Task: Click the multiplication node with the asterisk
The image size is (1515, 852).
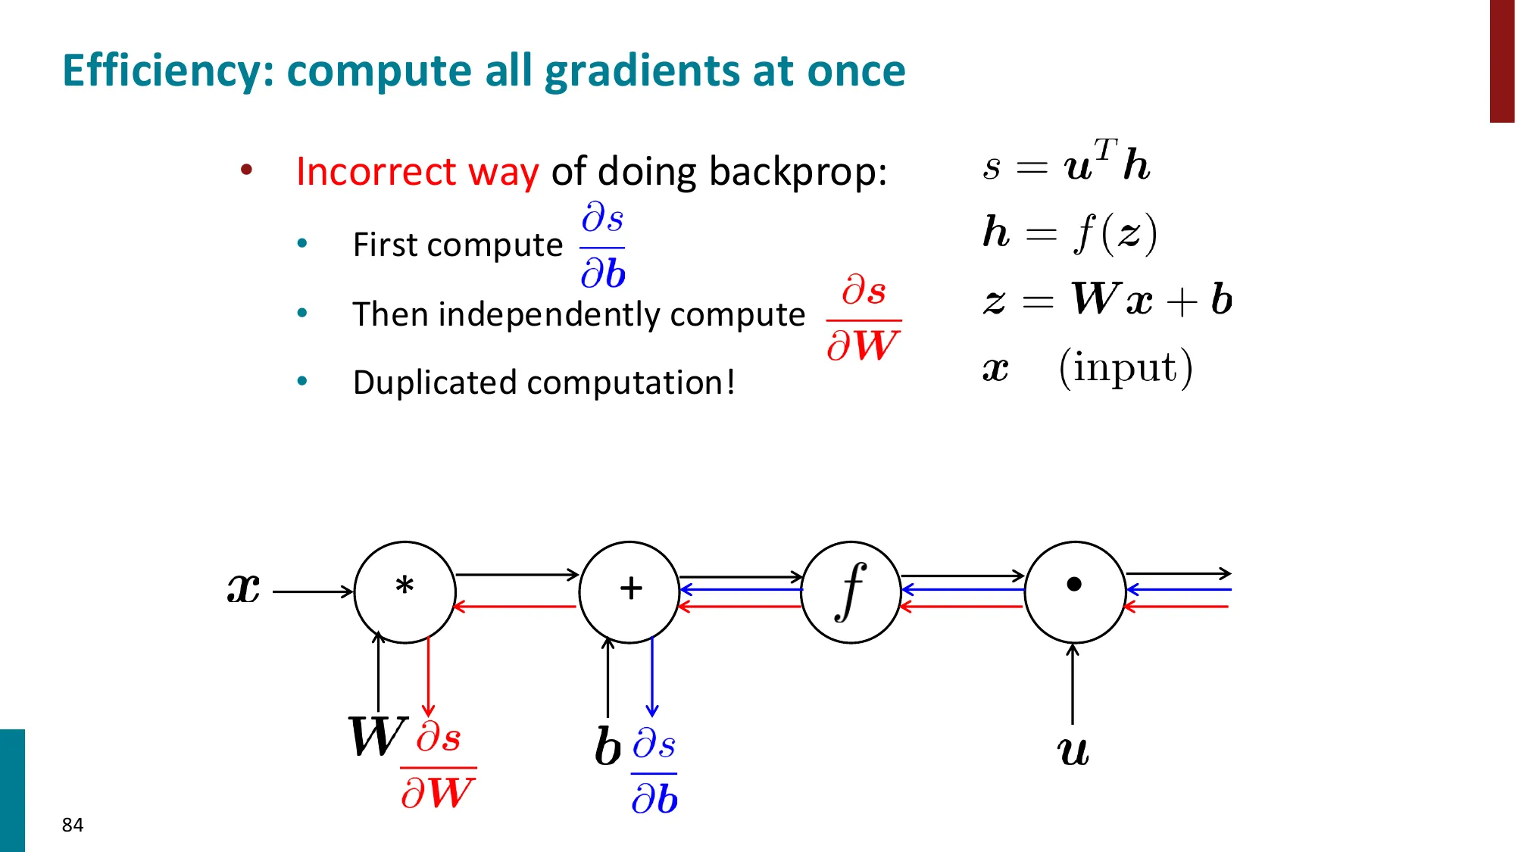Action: point(405,591)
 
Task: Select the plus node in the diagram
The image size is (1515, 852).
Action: point(629,591)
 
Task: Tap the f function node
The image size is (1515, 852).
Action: point(851,591)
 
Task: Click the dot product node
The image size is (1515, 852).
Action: point(1074,591)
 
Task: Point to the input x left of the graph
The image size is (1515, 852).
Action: point(244,588)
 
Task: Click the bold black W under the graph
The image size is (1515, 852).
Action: point(376,736)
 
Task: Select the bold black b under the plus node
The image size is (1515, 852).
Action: point(608,747)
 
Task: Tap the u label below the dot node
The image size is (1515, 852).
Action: point(1073,751)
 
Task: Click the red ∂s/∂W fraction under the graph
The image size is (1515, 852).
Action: point(438,766)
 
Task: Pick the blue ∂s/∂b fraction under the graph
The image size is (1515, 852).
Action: point(654,772)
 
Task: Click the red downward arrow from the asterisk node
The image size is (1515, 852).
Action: point(428,678)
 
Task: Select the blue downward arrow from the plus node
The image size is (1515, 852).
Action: point(652,678)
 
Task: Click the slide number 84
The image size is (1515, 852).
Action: point(73,825)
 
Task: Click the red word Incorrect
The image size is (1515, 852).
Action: point(376,171)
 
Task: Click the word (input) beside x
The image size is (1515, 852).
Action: point(1126,368)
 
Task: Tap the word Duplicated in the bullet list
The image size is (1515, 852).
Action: point(436,382)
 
